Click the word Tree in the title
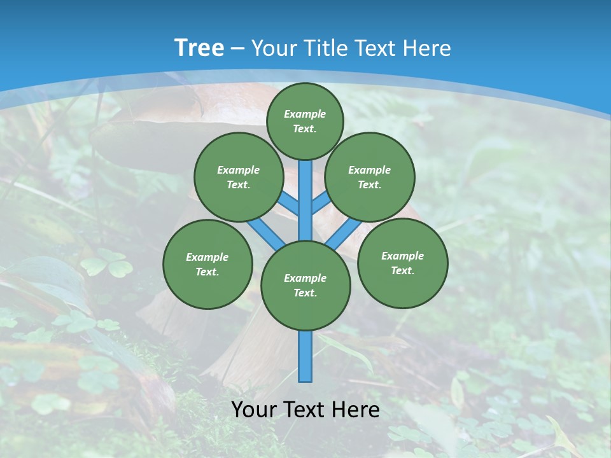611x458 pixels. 199,48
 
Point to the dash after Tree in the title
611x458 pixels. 237,49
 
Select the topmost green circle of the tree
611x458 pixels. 305,121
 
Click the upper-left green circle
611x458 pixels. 239,177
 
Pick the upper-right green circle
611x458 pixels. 370,177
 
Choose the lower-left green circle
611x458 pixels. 207,265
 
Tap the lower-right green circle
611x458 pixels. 402,263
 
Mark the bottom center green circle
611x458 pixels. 305,286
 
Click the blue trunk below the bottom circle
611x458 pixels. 305,356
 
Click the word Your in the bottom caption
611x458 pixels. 253,410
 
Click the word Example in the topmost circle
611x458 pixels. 305,114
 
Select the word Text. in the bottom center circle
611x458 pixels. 305,293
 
